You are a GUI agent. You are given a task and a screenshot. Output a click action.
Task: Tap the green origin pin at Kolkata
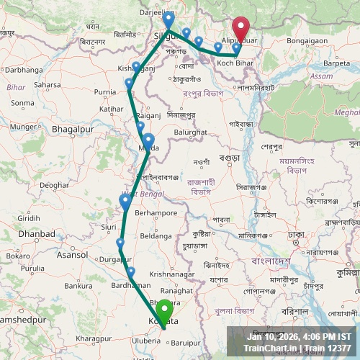click(165, 311)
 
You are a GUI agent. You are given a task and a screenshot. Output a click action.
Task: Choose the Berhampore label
click(156, 214)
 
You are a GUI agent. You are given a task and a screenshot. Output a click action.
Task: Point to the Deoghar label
click(53, 185)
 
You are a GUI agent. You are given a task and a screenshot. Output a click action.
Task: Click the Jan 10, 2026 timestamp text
click(274, 336)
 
